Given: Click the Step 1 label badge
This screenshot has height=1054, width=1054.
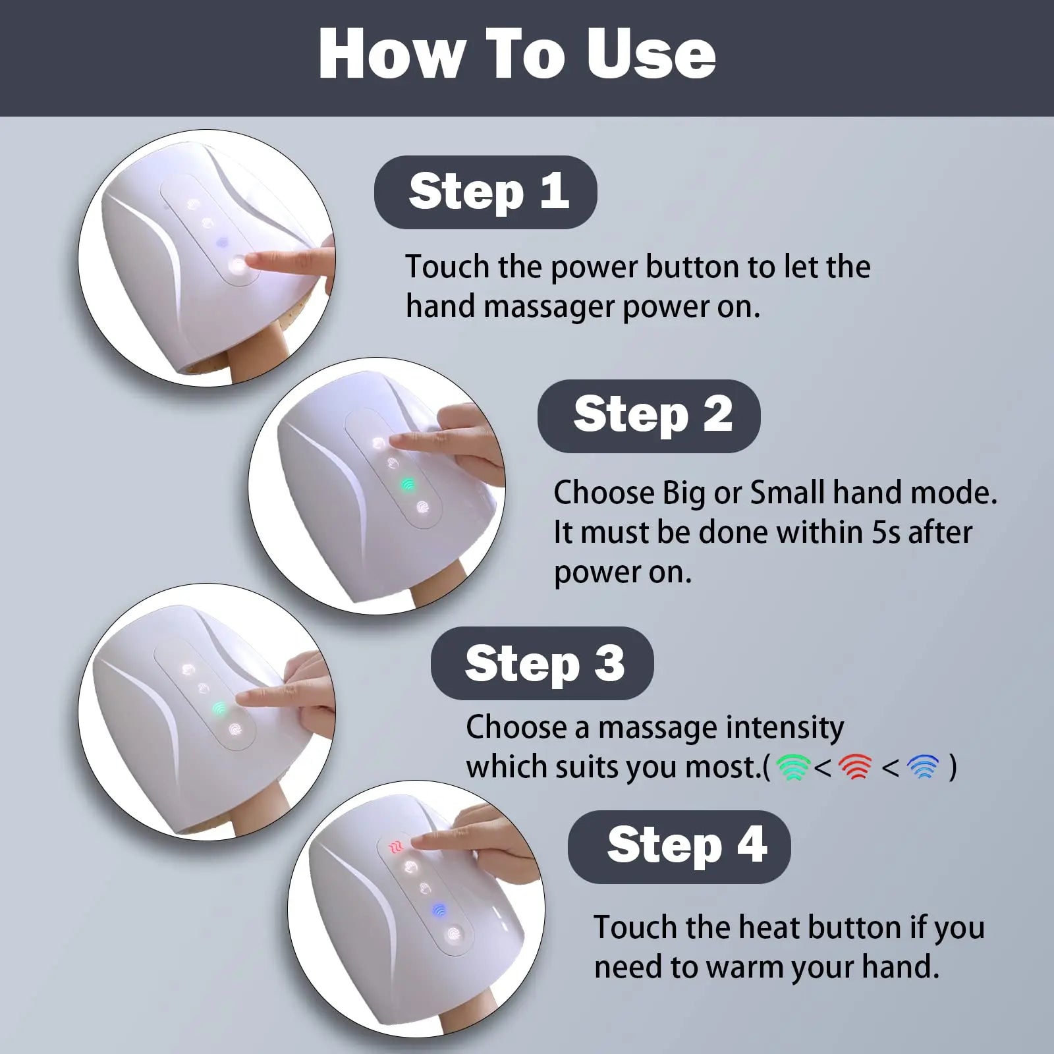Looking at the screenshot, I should [x=485, y=192].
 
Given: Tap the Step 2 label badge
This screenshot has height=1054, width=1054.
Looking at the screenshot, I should [x=649, y=416].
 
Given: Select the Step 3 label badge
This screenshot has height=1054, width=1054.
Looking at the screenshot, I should [x=542, y=663].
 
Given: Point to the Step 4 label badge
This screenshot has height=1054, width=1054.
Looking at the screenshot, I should [x=679, y=846].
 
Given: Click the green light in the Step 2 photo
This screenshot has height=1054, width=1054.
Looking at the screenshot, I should [x=408, y=485].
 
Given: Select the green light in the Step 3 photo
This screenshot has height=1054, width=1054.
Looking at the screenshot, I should [x=219, y=709].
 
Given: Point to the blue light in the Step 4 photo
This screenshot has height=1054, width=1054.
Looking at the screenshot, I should [x=439, y=910].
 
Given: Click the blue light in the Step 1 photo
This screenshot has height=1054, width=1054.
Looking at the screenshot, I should [x=222, y=242].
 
